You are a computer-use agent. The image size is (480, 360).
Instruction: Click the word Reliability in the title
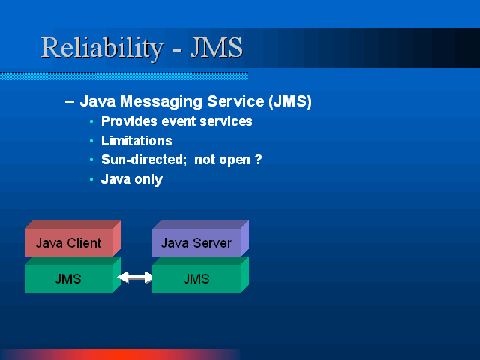pyautogui.click(x=102, y=48)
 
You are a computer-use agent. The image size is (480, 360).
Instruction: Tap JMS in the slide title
pyautogui.click(x=217, y=47)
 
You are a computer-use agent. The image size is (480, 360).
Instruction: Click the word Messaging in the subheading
pyautogui.click(x=161, y=102)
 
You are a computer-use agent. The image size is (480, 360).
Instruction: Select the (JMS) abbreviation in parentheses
pyautogui.click(x=290, y=101)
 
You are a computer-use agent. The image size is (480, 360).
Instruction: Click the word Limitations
pyautogui.click(x=136, y=141)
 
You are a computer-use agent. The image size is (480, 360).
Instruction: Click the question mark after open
pyautogui.click(x=258, y=160)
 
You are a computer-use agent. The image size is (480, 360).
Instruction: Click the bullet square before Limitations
pyautogui.click(x=91, y=141)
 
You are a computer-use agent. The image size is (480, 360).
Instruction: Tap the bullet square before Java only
pyautogui.click(x=91, y=179)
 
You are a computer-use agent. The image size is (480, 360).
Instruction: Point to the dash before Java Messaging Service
pyautogui.click(x=70, y=102)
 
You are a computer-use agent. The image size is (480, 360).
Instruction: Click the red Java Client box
pyautogui.click(x=73, y=238)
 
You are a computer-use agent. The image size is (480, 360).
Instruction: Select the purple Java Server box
pyautogui.click(x=200, y=238)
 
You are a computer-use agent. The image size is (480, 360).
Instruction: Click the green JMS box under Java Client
pyautogui.click(x=73, y=275)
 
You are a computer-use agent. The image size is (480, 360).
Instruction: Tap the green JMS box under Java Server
pyautogui.click(x=200, y=275)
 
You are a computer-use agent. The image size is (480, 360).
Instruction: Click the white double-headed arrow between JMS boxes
pyautogui.click(x=135, y=277)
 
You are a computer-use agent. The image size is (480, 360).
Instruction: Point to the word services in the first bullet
pyautogui.click(x=226, y=121)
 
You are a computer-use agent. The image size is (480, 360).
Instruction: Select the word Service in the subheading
pyautogui.click(x=235, y=101)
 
